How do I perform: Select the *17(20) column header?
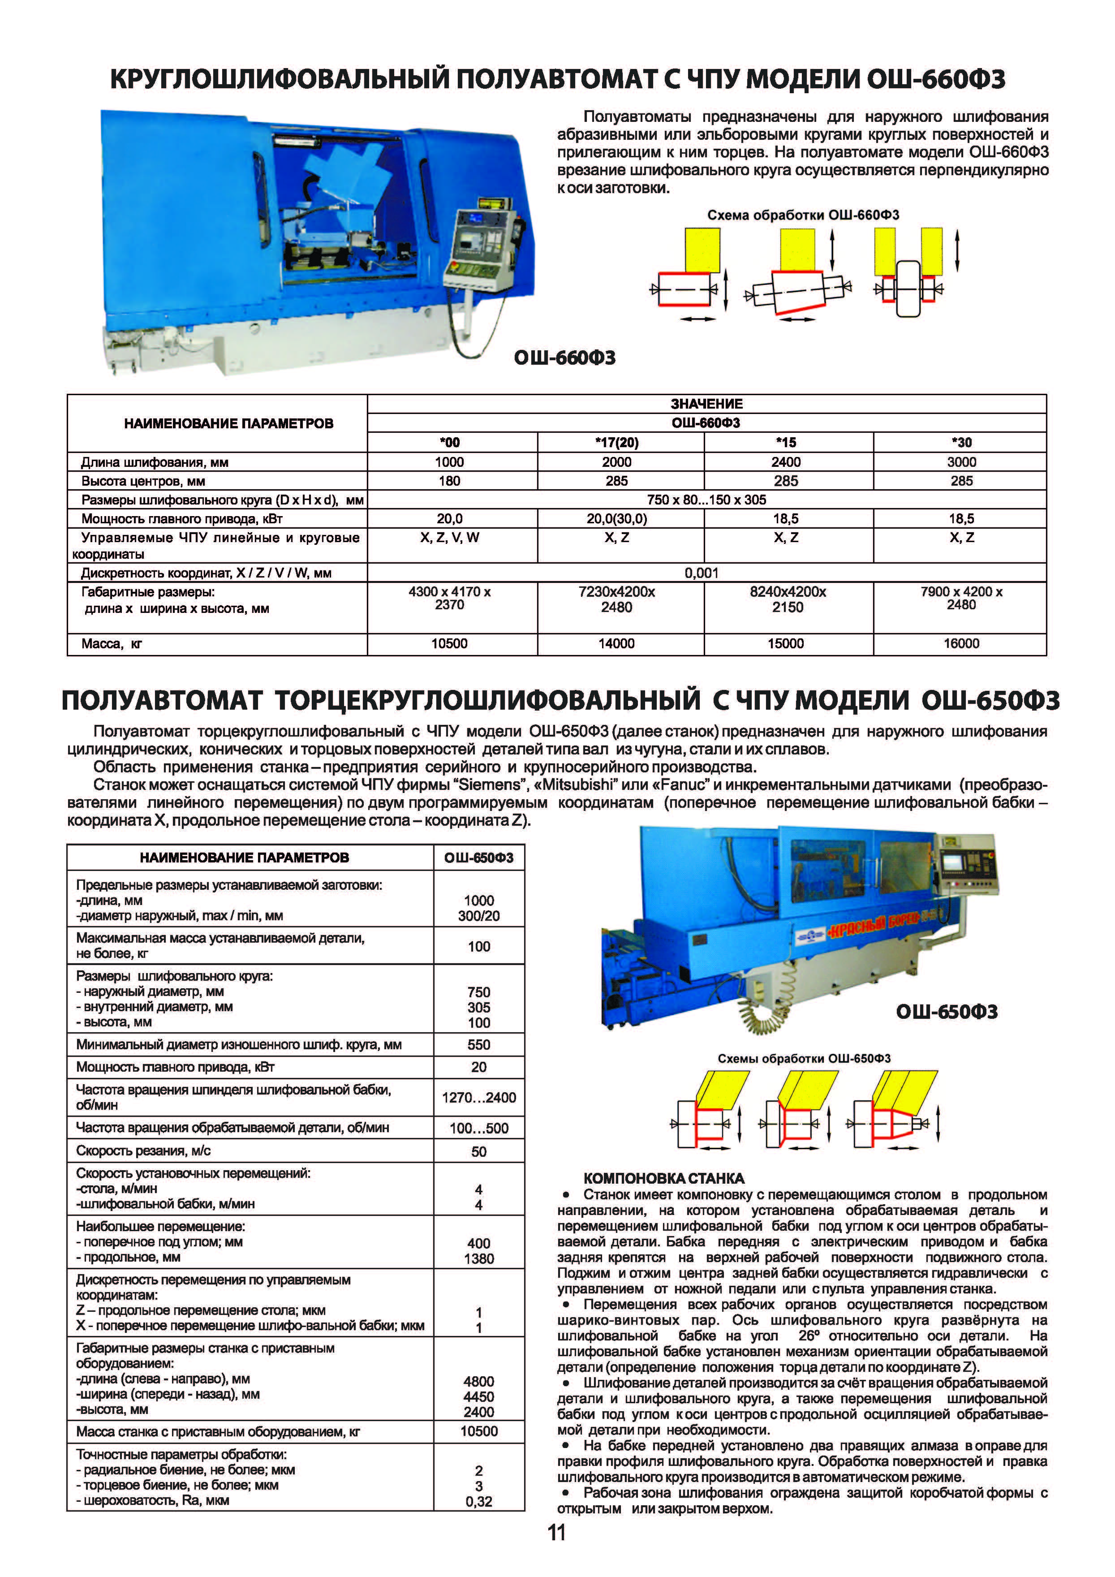[x=616, y=442]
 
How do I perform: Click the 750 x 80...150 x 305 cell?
[x=706, y=500]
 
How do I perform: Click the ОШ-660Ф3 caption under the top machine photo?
[x=564, y=358]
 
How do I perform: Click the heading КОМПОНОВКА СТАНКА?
[x=663, y=1179]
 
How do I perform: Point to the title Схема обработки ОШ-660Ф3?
[x=803, y=215]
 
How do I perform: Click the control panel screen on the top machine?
[x=472, y=241]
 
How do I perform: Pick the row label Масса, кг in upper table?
[x=111, y=644]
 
